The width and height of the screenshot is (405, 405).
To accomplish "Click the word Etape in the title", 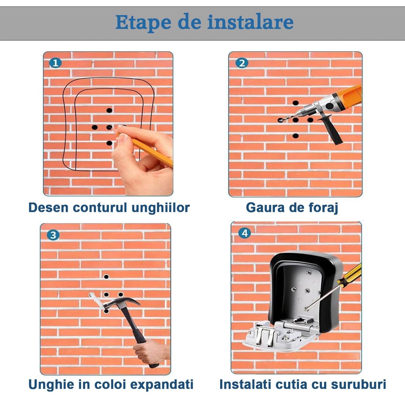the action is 143,23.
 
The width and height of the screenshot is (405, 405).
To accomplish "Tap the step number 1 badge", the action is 55,63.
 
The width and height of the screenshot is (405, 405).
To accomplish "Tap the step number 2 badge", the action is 242,63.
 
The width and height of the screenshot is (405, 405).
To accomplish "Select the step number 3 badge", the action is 53,235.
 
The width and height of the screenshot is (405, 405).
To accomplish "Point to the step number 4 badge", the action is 245,233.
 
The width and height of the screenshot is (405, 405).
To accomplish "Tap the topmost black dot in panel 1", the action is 109,110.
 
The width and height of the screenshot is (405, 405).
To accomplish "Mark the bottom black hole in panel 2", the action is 296,136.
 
